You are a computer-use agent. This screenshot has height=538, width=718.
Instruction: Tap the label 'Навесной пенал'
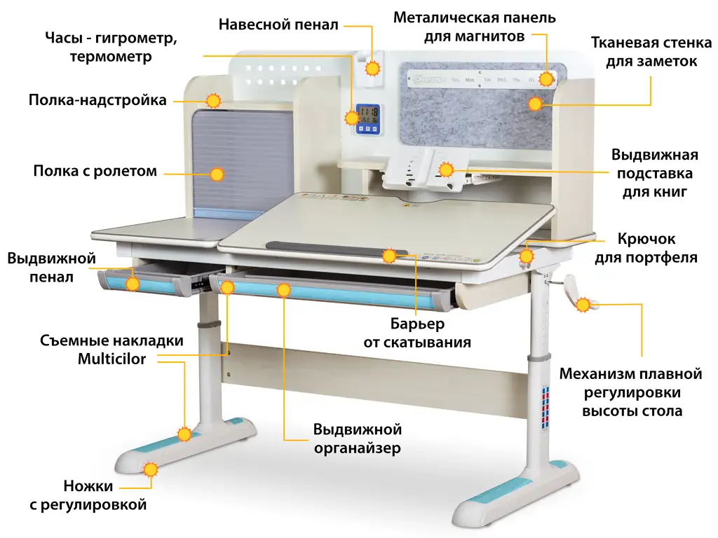point(278,25)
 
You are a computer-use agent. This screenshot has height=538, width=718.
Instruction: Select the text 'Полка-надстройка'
point(97,100)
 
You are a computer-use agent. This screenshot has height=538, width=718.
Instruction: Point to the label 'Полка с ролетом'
point(95,171)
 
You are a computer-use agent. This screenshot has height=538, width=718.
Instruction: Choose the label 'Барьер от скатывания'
point(417,333)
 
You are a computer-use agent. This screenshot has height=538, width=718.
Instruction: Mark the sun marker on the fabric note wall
point(535,104)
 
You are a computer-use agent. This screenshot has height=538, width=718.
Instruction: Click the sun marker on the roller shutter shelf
point(217,174)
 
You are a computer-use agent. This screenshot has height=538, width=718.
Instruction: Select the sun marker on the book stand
point(446,169)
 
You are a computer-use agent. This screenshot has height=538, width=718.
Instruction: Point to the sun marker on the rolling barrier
point(389,256)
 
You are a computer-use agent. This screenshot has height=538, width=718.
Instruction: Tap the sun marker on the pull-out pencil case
point(133,284)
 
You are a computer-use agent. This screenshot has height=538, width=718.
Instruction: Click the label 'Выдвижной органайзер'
point(357,439)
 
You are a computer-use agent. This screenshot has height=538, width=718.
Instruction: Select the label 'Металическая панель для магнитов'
point(474,27)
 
